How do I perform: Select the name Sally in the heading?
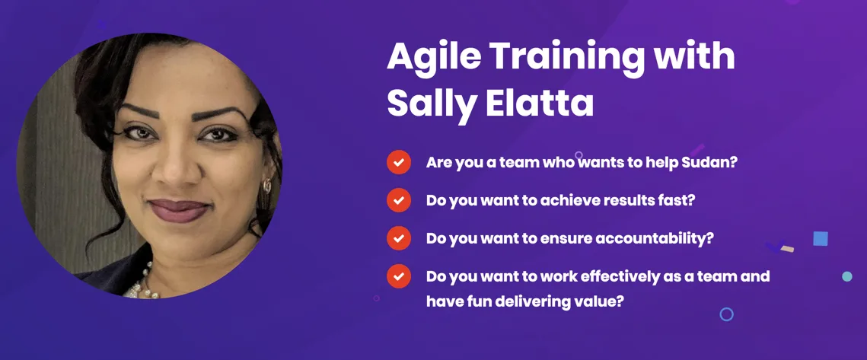pos(430,102)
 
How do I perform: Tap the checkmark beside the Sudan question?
pos(399,163)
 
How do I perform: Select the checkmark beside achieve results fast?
pos(399,200)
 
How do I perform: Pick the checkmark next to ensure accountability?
pos(399,238)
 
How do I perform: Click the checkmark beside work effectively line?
pos(399,276)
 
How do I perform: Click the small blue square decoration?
pos(821,238)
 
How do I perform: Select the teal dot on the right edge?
pos(847,276)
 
